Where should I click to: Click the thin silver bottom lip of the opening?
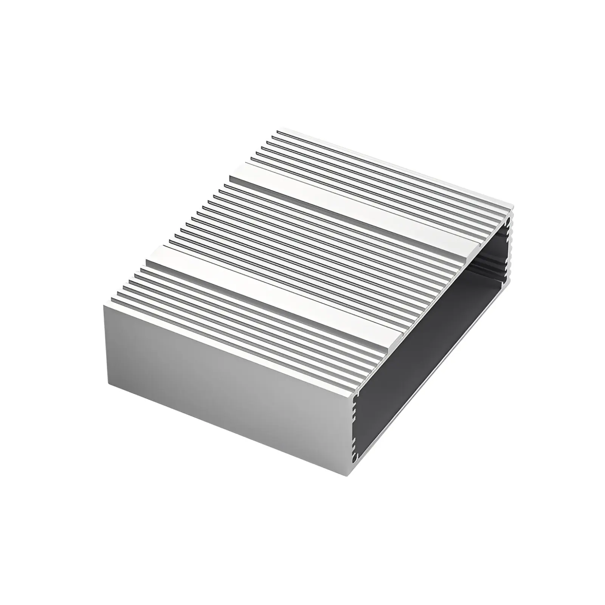click(x=435, y=408)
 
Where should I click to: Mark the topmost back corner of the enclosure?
click(x=278, y=131)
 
